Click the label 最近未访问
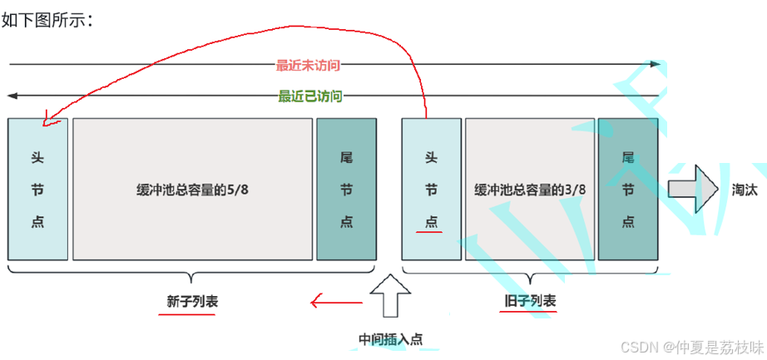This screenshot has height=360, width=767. [308, 65]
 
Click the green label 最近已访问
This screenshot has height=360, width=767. [309, 96]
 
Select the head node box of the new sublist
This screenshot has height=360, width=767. [37, 189]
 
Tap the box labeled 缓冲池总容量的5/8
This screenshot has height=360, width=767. [192, 189]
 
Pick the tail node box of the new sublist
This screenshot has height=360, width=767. [346, 189]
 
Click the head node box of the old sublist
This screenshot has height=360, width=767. [431, 189]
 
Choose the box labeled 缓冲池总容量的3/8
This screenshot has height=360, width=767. [530, 189]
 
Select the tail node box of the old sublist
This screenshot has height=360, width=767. [628, 189]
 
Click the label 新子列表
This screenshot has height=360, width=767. [192, 302]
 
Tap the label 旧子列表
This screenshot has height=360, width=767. [530, 301]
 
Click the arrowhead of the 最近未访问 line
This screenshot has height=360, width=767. [656, 64]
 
